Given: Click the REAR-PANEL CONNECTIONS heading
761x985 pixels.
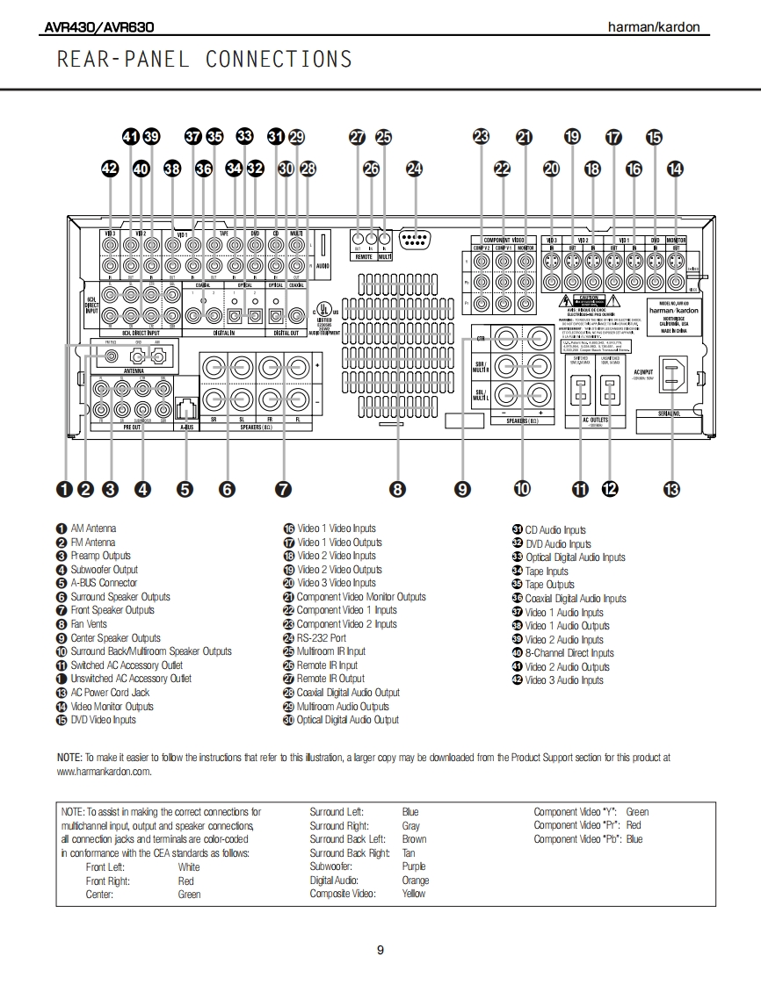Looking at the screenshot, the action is point(204,60).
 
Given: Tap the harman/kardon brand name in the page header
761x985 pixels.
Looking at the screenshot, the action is point(654,27).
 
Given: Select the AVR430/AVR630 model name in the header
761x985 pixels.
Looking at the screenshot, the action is point(96,27).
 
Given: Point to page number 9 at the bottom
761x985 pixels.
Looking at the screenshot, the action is point(380,950).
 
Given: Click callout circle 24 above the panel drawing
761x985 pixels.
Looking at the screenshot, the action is point(414,169).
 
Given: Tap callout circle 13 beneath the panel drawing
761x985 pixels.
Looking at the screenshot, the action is point(671,490).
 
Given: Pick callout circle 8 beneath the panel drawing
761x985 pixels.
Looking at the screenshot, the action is point(398,490).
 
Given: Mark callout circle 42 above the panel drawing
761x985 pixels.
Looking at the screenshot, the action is point(110,169).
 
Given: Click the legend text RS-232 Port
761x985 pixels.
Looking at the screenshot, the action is point(321,638).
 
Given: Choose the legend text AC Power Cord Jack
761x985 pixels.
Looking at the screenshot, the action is point(110,693).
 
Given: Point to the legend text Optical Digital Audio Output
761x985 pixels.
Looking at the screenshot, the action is point(347,720).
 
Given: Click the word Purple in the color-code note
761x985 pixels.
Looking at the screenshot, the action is point(413,866).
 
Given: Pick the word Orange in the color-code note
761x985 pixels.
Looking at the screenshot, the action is point(415,881).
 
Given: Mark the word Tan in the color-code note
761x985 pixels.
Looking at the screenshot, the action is point(409,853).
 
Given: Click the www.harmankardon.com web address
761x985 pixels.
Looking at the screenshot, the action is point(104,772).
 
